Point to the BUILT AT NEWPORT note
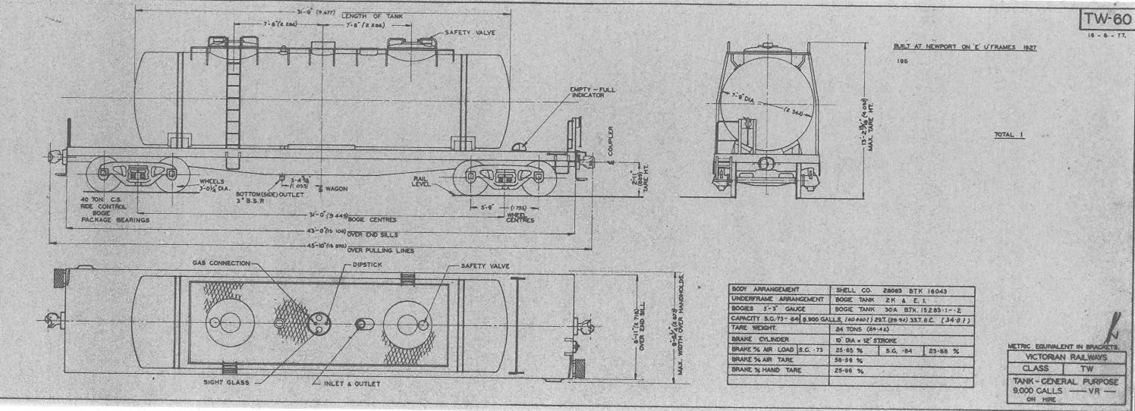(x=965, y=47)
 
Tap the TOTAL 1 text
(x=1009, y=135)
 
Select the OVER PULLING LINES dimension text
(x=374, y=248)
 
